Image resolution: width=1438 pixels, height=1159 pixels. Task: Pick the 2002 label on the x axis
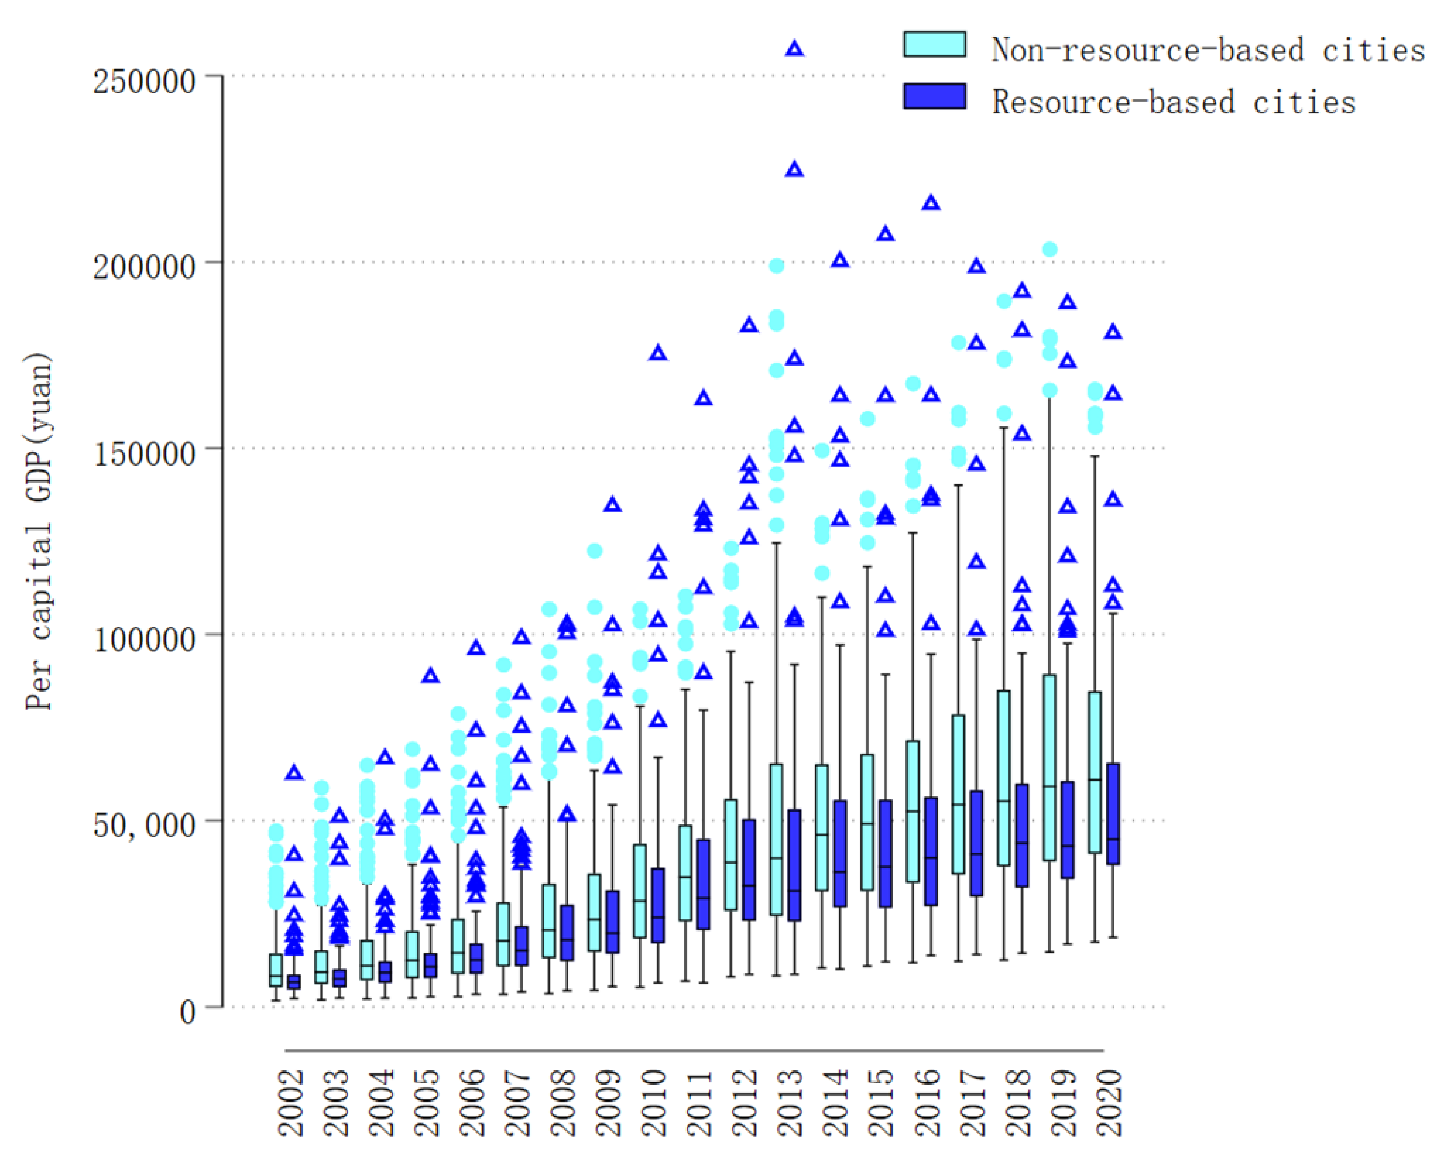click(x=290, y=1102)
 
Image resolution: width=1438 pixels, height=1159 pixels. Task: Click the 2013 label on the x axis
click(x=791, y=1102)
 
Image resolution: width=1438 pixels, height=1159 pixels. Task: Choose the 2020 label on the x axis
click(x=1109, y=1102)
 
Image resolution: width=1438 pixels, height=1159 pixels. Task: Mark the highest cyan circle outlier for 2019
click(x=1049, y=250)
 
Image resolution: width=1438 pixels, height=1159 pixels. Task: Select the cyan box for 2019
click(x=1049, y=768)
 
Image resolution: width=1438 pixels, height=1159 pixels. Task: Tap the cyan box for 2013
click(x=776, y=839)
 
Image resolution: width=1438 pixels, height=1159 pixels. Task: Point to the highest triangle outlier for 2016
click(x=931, y=203)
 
